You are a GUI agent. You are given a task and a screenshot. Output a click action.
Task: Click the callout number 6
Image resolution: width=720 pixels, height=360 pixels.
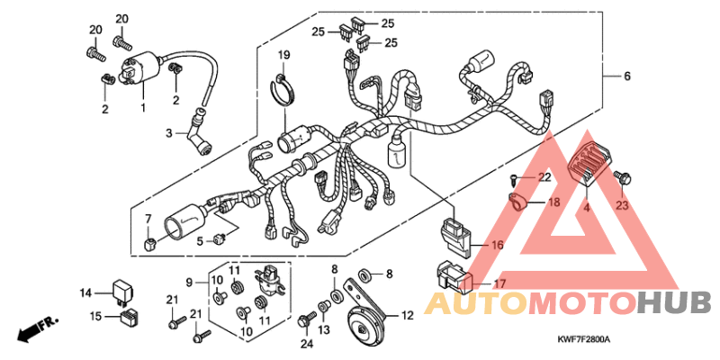point(627,76)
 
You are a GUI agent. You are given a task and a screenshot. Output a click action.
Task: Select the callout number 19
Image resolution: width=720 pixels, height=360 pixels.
point(283,56)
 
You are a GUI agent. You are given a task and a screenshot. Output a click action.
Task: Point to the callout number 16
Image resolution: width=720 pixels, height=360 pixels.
point(497,246)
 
